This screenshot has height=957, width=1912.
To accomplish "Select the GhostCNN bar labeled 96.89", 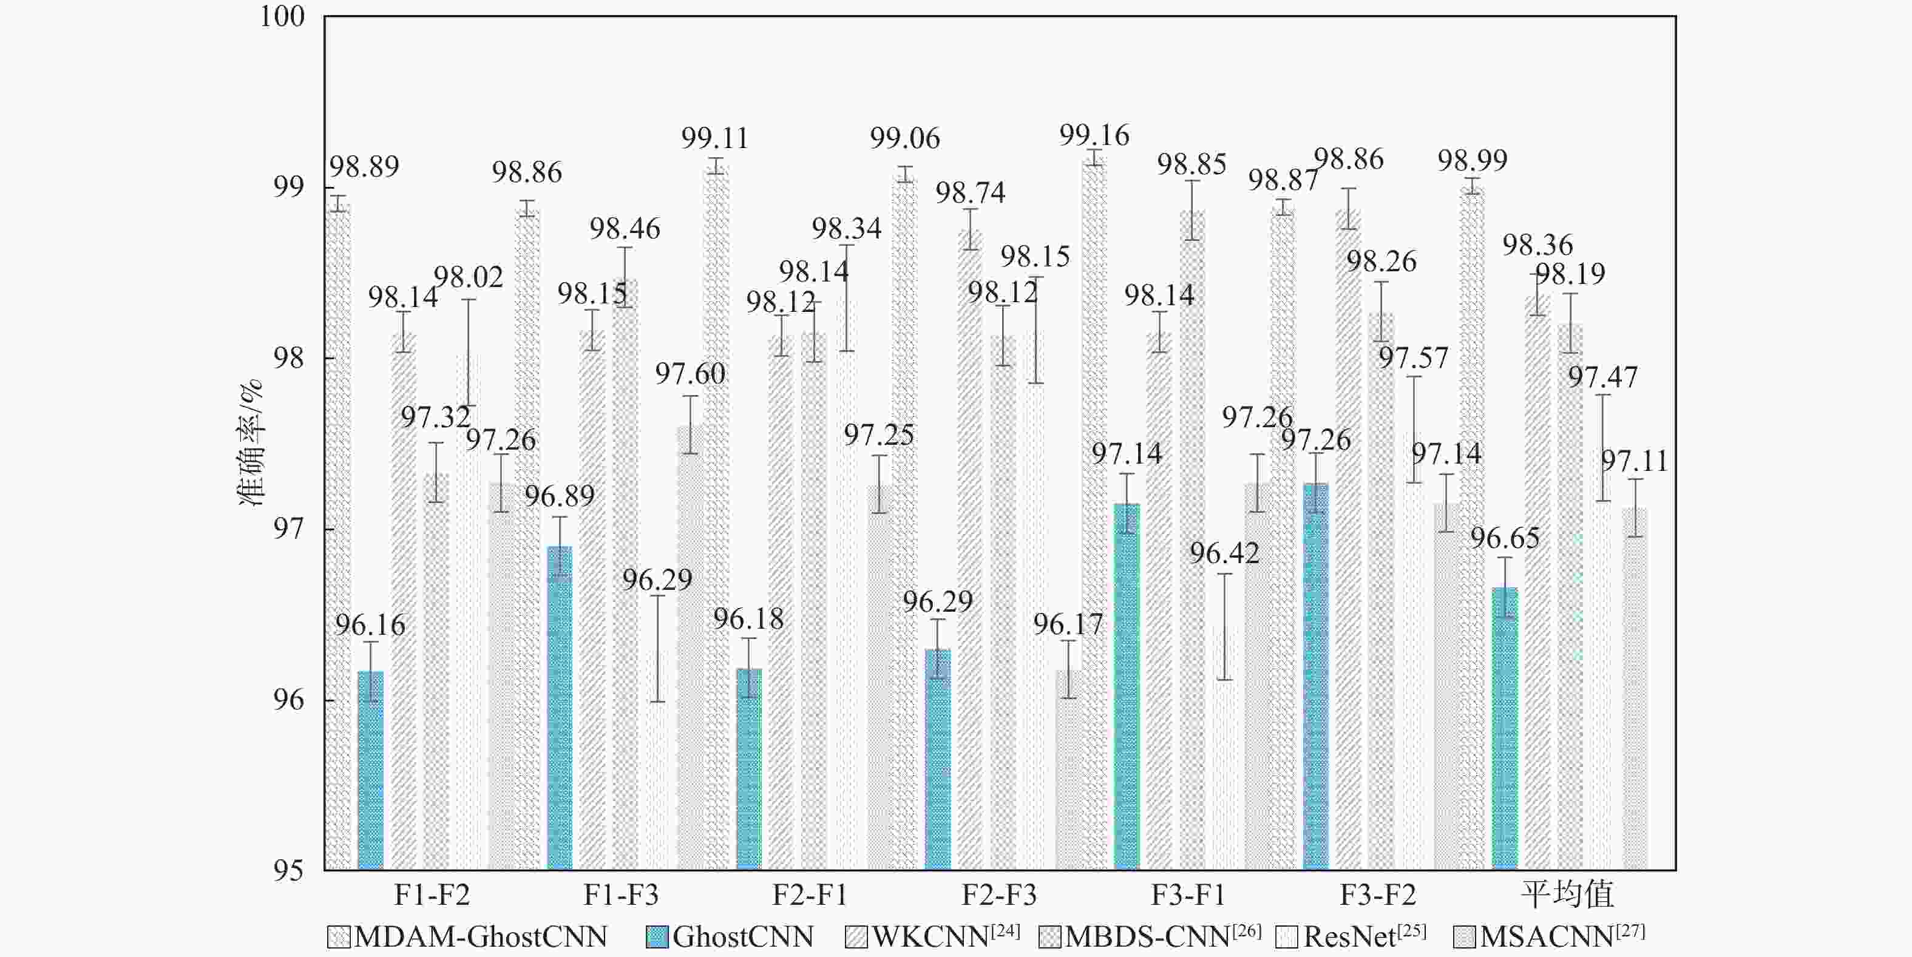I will [560, 708].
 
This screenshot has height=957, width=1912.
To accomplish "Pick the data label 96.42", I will [1225, 553].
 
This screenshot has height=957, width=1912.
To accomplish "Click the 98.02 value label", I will [469, 278].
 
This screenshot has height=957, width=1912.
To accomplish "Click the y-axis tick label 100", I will [283, 17].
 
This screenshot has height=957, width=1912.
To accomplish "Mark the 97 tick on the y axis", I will [289, 530].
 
